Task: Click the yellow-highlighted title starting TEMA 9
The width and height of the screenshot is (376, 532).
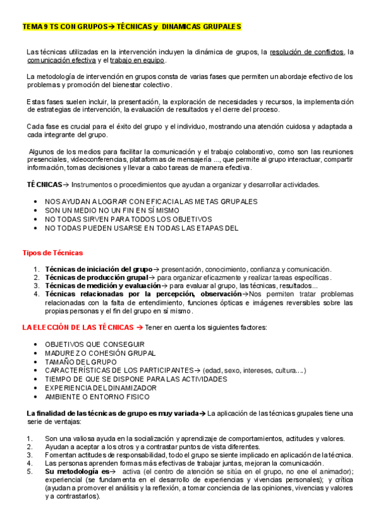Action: [131, 27]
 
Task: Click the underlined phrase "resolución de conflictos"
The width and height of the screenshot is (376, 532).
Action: [307, 51]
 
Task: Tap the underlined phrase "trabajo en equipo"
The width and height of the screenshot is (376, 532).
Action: [137, 60]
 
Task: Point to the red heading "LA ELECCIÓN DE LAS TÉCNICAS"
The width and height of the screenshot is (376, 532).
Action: [78, 327]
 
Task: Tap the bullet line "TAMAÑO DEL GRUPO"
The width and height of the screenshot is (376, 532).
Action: [80, 361]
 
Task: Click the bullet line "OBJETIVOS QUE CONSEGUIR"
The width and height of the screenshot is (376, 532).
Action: [95, 344]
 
